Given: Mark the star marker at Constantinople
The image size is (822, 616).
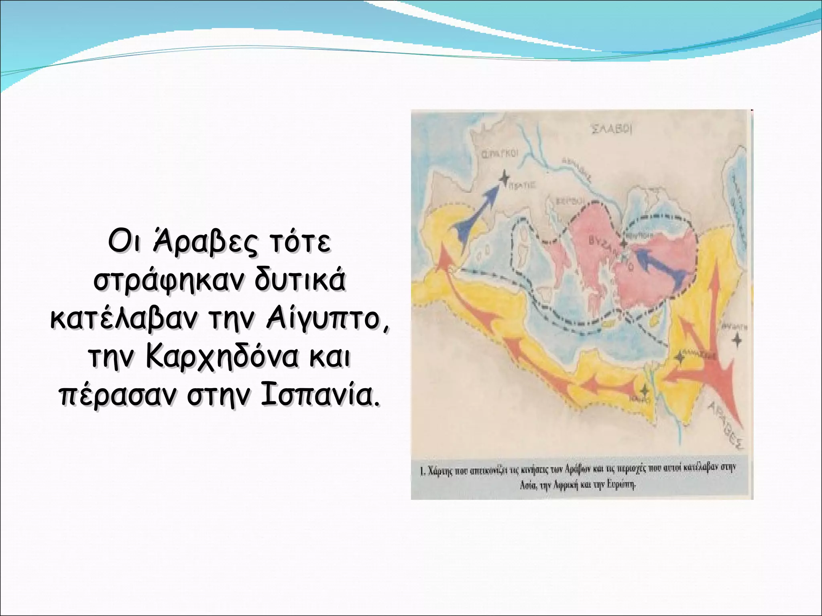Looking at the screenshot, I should point(623,243).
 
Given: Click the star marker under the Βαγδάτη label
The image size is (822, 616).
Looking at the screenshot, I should point(737,340).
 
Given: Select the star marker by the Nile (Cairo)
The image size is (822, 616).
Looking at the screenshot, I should point(644,389).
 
